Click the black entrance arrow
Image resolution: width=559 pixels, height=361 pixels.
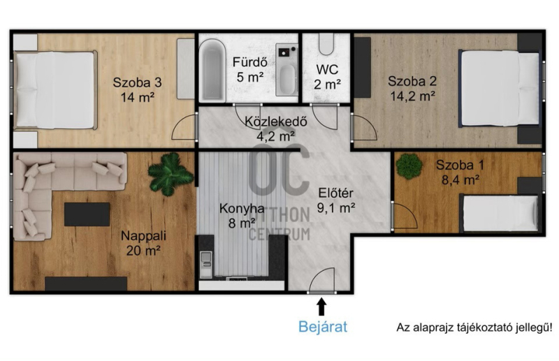tap(321, 307)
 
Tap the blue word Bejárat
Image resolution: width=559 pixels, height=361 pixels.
tap(323, 326)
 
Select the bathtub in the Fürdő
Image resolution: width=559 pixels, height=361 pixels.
tap(212, 71)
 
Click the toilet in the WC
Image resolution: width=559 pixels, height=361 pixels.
tap(326, 44)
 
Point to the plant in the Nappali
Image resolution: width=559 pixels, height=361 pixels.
tap(170, 174)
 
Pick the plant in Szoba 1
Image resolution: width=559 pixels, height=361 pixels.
tap(409, 165)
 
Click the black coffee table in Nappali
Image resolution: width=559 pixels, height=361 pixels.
tap(87, 214)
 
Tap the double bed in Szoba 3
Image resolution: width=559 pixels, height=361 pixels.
tap(55, 90)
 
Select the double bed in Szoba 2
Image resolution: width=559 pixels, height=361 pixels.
tap(499, 88)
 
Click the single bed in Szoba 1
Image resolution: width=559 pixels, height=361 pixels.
tap(499, 213)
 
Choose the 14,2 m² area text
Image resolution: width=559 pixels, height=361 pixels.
tap(412, 96)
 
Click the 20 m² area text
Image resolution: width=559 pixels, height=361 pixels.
tap(143, 251)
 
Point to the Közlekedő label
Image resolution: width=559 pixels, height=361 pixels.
tap(275, 121)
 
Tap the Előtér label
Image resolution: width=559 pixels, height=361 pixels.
tap(335, 193)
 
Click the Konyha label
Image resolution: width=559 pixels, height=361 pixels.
tap(242, 208)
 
